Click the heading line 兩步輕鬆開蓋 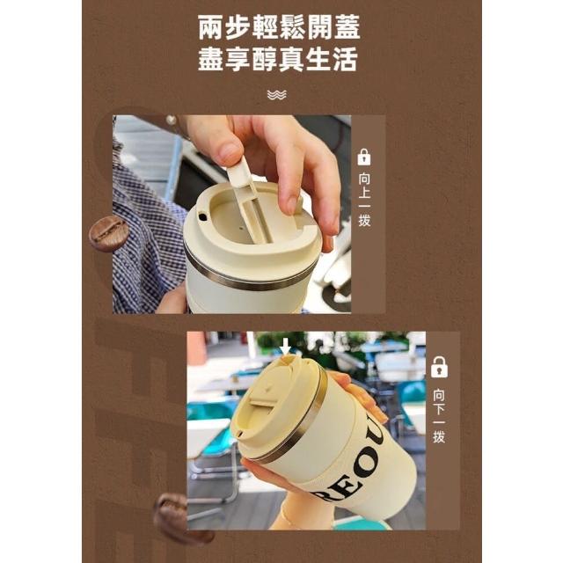279,27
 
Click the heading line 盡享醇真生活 278,59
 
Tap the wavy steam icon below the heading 277,95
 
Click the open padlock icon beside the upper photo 364,157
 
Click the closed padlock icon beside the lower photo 439,367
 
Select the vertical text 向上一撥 364,200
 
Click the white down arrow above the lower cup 285,347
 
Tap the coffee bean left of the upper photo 108,233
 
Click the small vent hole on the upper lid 203,217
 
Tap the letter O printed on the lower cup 365,464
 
